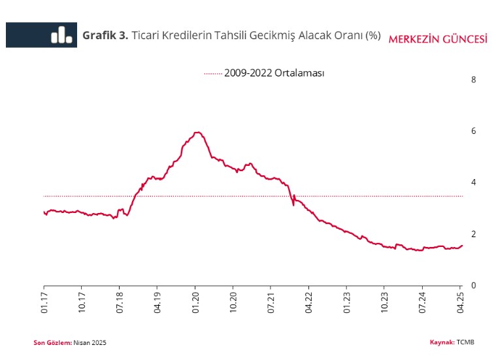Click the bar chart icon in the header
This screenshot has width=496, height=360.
click(x=61, y=35)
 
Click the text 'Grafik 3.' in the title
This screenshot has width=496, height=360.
click(x=105, y=35)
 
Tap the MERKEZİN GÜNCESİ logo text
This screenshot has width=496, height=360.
click(x=438, y=39)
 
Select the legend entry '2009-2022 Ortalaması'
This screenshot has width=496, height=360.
click(x=274, y=73)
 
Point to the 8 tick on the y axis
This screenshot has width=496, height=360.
click(x=474, y=80)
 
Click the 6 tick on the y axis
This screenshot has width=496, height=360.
click(x=474, y=131)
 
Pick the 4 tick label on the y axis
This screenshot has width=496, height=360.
click(x=474, y=182)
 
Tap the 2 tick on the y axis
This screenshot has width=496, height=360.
click(x=474, y=234)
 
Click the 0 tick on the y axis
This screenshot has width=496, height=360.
click(x=474, y=286)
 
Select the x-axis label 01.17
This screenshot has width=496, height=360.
click(x=44, y=303)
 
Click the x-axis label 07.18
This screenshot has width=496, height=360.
click(x=120, y=303)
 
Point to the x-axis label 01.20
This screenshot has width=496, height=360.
click(x=195, y=303)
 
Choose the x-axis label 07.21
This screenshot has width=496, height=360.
click(x=271, y=303)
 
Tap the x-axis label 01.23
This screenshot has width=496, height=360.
click(x=346, y=303)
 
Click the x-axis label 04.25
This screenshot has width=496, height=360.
click(x=460, y=303)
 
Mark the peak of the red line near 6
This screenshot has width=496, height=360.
click(x=197, y=133)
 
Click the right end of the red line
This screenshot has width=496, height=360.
click(x=462, y=246)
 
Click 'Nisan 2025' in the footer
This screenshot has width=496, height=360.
click(x=90, y=343)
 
